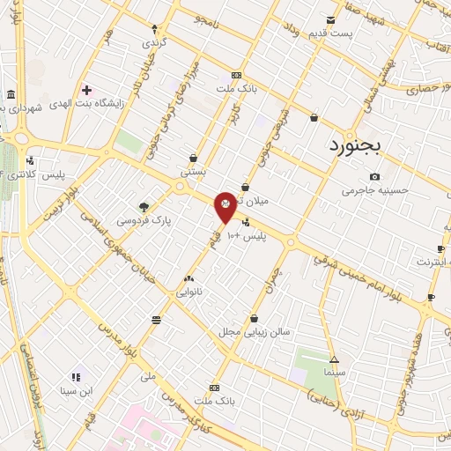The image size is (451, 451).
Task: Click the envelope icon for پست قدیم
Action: point(331,19)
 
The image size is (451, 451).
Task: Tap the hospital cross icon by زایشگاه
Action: point(85,90)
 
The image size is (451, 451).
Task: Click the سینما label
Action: point(333,373)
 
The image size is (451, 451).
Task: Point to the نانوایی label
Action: point(189,291)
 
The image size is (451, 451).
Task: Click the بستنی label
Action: point(193,173)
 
